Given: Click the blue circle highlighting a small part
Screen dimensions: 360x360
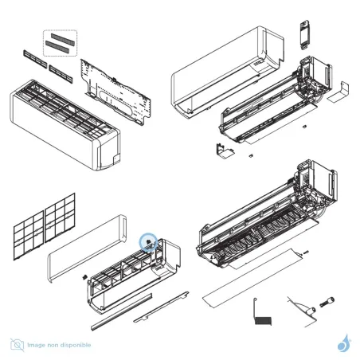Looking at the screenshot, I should click(149, 241).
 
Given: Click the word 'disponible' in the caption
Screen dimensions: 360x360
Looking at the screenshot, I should click(76, 345).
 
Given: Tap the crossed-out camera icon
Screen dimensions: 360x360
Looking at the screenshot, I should click(17, 345).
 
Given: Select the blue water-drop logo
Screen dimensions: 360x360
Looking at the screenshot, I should click(343, 343).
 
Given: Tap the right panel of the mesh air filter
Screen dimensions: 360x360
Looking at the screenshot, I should click(60, 214).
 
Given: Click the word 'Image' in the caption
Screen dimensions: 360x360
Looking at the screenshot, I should click(36, 345).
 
